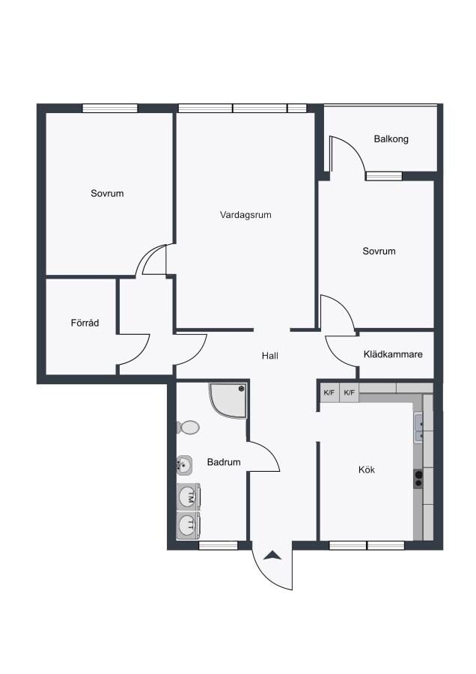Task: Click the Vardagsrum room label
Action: click(x=245, y=215)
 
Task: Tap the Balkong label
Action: click(x=391, y=139)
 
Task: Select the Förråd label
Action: click(x=85, y=322)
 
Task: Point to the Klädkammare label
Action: click(x=393, y=354)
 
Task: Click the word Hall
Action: click(x=270, y=356)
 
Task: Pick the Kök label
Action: click(x=367, y=470)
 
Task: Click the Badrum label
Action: click(x=224, y=462)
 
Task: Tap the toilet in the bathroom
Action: click(x=188, y=428)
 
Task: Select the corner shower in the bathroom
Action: click(x=228, y=401)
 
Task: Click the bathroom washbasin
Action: click(x=184, y=465)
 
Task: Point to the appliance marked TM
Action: click(x=189, y=497)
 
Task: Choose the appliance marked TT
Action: click(x=189, y=525)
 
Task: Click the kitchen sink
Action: click(x=419, y=428)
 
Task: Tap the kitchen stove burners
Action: click(x=418, y=479)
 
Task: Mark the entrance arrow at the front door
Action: click(x=272, y=556)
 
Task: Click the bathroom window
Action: click(x=219, y=545)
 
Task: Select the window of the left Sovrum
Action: click(x=110, y=108)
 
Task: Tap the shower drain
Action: click(x=242, y=389)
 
